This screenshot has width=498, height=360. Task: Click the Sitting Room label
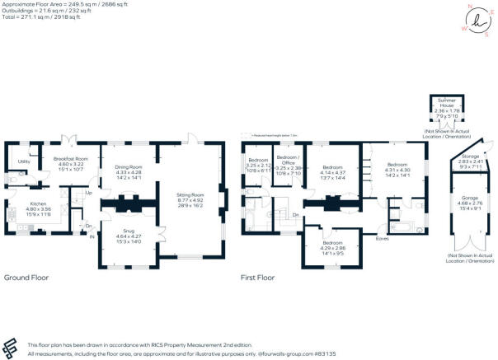coord(190,194)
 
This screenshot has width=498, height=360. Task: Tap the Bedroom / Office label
coord(287,159)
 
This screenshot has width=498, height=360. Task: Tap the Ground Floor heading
coord(25,278)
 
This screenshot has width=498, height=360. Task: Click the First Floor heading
coord(257,278)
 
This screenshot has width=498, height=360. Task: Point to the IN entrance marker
coord(92,237)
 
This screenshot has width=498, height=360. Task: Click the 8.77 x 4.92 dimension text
coord(190,199)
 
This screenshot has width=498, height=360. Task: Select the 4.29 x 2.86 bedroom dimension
coord(333,248)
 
